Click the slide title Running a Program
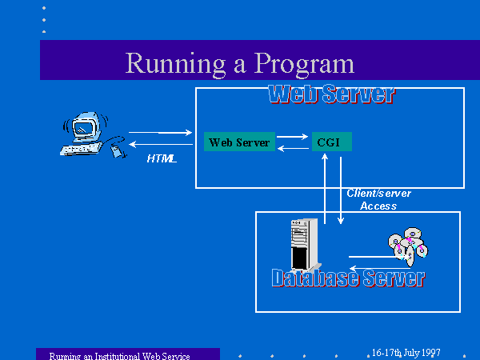coord(240,64)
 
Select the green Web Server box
coord(239,142)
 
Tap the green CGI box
coord(332,142)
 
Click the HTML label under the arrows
coord(162,158)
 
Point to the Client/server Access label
coord(378,199)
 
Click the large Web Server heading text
coord(332,94)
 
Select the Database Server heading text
coord(348,278)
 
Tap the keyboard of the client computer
coord(81,149)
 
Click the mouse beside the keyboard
coord(118,151)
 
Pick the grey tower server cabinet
coord(305,244)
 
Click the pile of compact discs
coord(408,246)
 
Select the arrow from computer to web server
coord(161,133)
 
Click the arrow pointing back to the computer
coord(161,144)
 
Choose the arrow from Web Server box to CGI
coord(292,137)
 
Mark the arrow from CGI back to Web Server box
coord(293,149)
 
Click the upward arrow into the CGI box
coord(325,189)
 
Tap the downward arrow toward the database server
coord(341,190)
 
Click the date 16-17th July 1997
coord(406,353)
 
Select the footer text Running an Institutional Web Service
coord(120,356)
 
